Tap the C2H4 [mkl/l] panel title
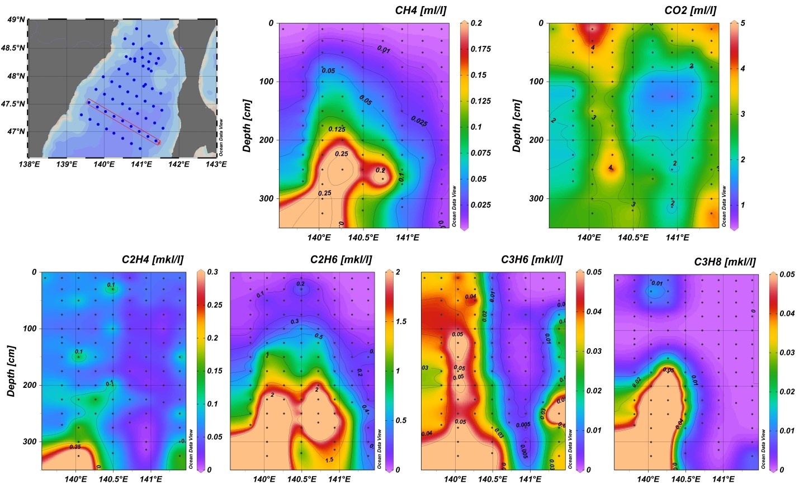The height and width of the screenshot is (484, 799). coord(153,260)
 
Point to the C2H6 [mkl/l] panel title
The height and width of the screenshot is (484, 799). coord(341,260)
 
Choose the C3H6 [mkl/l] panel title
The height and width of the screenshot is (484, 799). coord(532,260)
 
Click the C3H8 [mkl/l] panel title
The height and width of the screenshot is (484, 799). coord(725,262)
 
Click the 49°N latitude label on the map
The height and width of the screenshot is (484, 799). coord(16,20)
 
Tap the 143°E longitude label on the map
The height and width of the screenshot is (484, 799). coord(216,164)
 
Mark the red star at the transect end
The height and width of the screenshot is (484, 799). coord(159,143)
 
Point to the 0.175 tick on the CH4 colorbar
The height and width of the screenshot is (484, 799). coord(480,49)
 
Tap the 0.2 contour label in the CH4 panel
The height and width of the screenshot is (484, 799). coord(380,170)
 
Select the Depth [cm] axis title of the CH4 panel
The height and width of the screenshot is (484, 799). coord(247,126)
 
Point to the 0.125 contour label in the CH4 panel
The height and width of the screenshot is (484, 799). coord(337,129)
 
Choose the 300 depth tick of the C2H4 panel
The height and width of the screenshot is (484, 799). coord(29,442)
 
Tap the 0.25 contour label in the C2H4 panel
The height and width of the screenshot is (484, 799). coord(75,447)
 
